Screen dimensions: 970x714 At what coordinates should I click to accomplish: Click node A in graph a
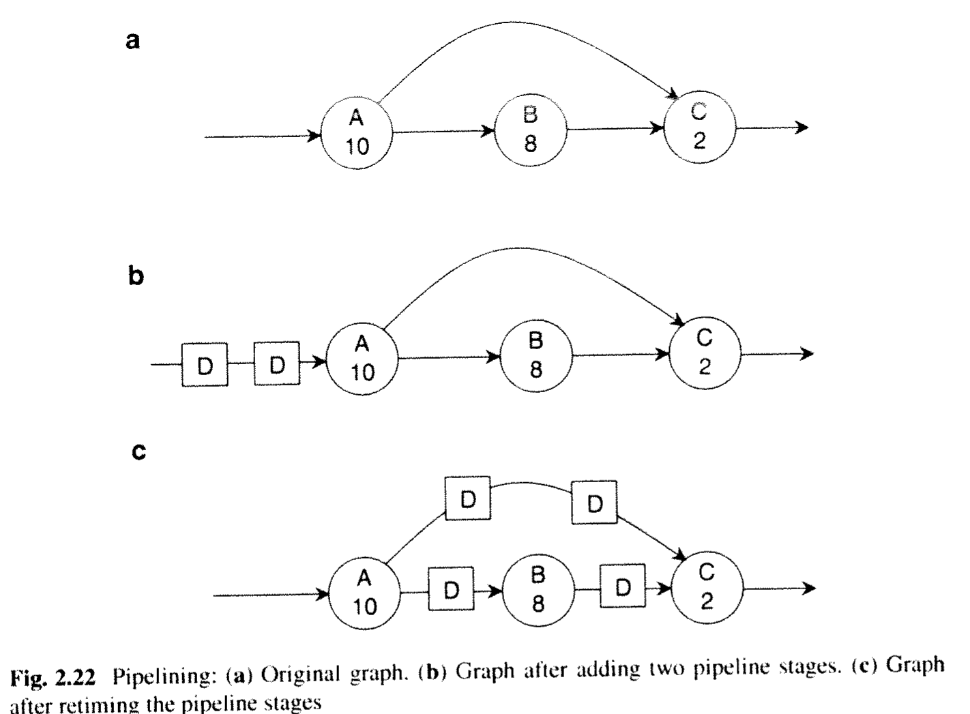pos(357,134)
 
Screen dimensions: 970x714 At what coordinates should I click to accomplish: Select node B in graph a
pos(531,130)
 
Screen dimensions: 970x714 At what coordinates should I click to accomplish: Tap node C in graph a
pos(700,128)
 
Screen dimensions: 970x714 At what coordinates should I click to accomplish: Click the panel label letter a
pos(133,41)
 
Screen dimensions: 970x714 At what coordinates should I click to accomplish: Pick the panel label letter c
pos(138,452)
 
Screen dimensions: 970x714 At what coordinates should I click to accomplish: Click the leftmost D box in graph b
pos(205,365)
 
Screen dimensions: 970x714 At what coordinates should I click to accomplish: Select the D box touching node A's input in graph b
pos(277,363)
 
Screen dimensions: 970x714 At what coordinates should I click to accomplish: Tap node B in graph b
pos(536,356)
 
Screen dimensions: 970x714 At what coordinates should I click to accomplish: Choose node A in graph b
pos(362,359)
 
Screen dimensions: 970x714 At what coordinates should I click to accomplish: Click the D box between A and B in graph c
pos(451,589)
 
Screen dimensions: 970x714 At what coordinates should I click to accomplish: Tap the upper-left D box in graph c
pos(468,499)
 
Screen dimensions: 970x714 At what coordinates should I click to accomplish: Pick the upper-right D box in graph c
pos(595,503)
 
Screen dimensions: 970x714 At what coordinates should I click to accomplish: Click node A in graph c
pos(365,593)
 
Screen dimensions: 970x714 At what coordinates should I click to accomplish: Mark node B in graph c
pos(538,590)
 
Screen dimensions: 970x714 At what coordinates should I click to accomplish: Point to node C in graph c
pos(707,588)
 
